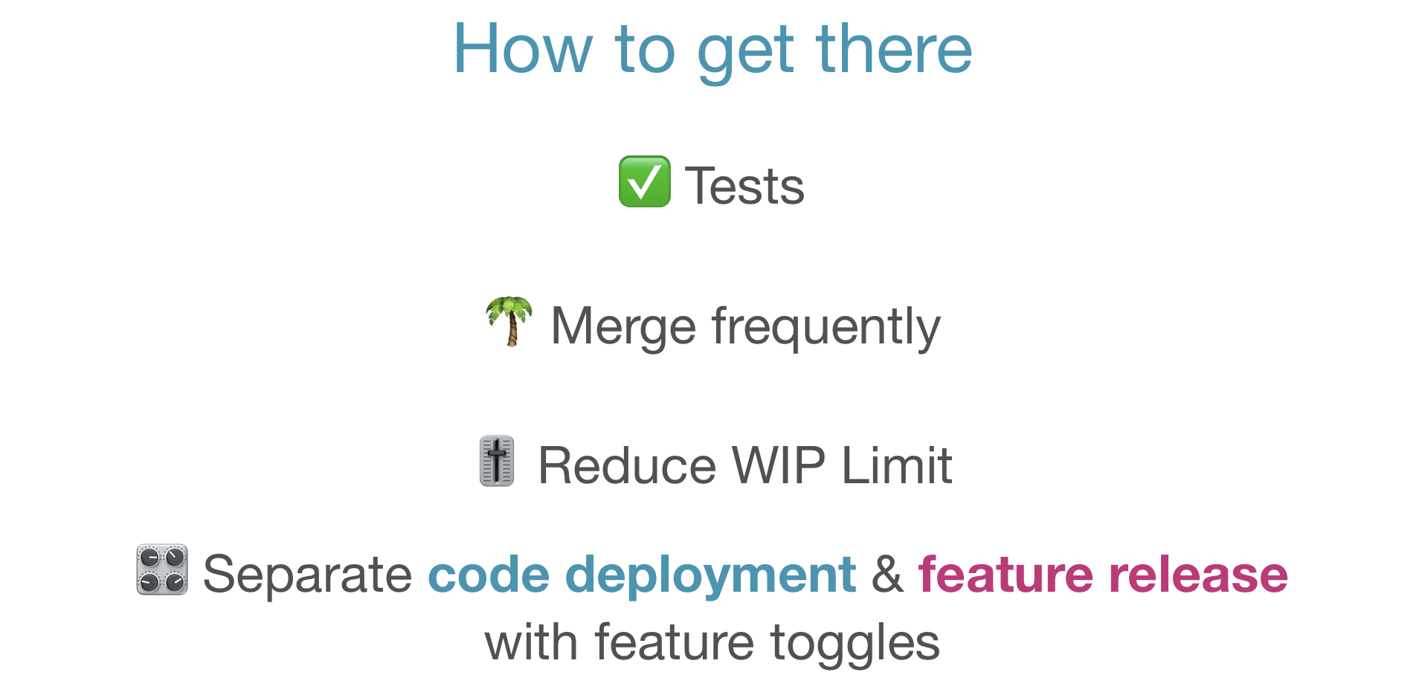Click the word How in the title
click(523, 49)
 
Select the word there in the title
click(894, 49)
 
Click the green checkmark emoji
click(644, 182)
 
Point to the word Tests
click(744, 186)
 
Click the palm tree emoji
click(509, 321)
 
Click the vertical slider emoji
click(497, 461)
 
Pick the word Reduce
click(627, 466)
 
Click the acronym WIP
click(779, 466)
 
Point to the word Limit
click(897, 466)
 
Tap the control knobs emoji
click(162, 570)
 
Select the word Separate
click(307, 575)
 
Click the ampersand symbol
click(887, 575)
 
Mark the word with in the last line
click(530, 642)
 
